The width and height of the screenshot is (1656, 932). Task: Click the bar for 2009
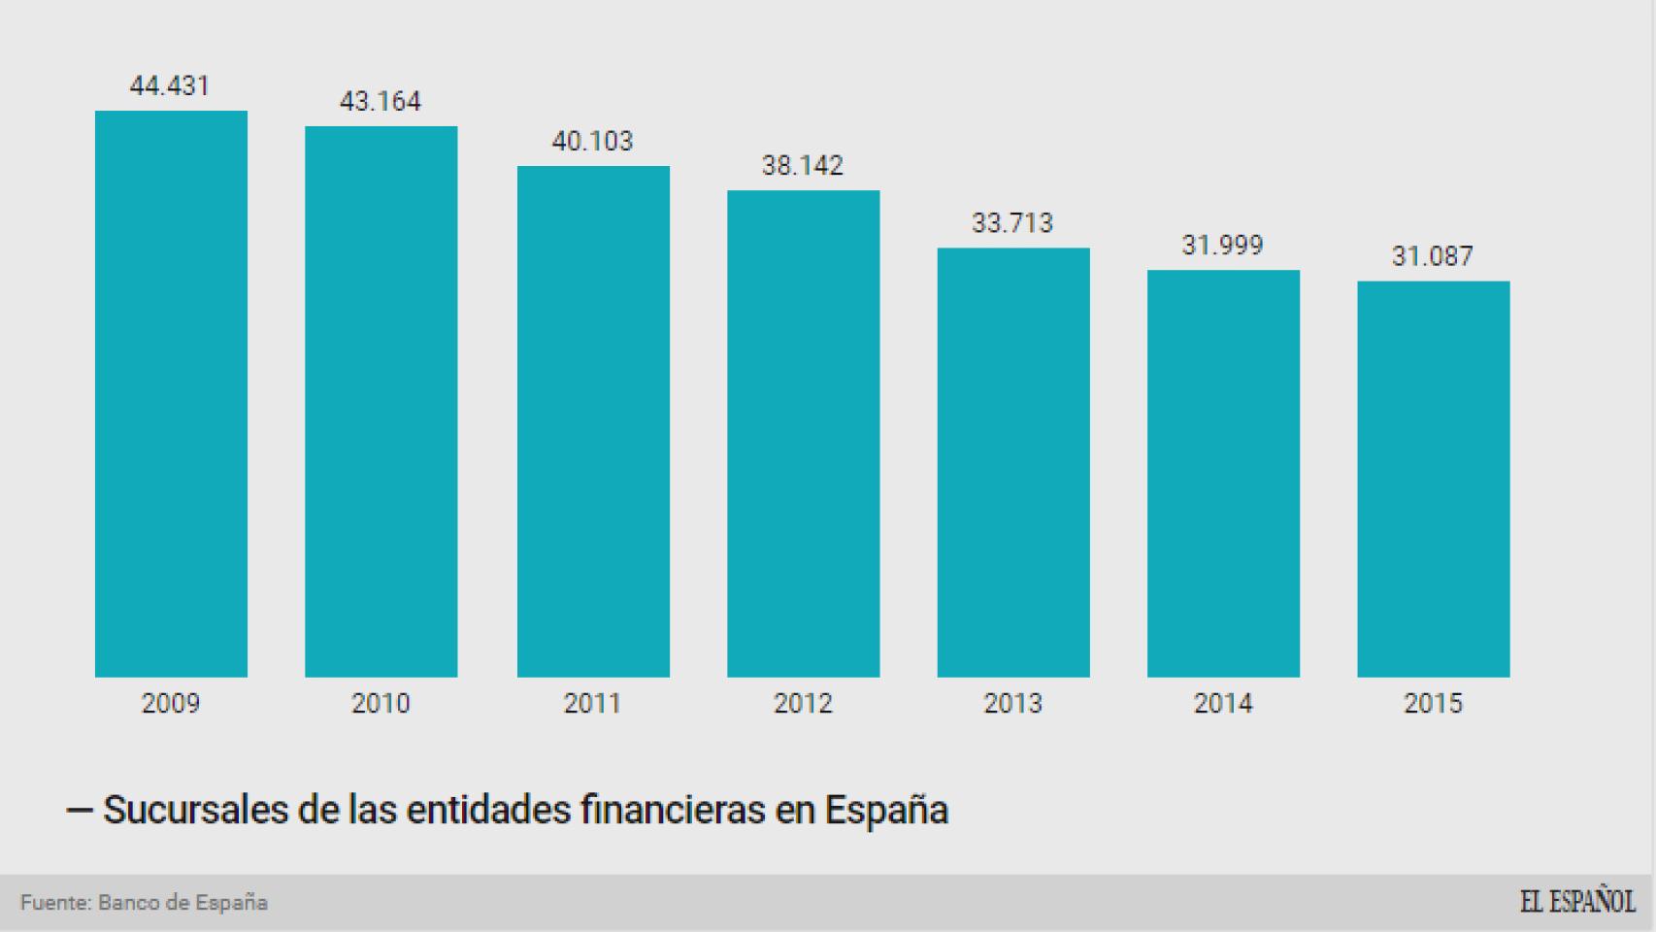coord(171,393)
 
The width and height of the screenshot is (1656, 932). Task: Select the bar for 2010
coord(381,401)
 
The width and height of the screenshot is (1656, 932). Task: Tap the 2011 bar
coord(593,421)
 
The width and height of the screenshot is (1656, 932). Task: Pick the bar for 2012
coord(803,433)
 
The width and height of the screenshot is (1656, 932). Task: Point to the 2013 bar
coord(1012,462)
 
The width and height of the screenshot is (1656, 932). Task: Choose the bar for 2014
coord(1223,473)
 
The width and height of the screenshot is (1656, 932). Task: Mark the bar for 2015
coord(1433,479)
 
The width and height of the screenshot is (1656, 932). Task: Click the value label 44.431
coord(170,86)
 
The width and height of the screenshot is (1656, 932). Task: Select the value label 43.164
coord(380,102)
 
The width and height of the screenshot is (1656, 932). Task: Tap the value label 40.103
coord(592,142)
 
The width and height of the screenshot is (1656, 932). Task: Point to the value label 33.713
coord(1012,223)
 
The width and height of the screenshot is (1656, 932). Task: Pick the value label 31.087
coord(1432,256)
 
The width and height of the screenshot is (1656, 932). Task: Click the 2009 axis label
coord(171,703)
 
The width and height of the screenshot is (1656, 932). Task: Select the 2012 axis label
coord(803,703)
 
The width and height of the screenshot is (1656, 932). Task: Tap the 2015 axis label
coord(1433,703)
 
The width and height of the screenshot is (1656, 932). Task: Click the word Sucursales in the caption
coord(195,810)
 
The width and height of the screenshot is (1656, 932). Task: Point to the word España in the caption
coord(885,810)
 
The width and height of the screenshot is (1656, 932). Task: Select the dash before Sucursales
coord(79,811)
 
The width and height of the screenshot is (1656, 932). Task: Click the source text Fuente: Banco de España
coord(144,903)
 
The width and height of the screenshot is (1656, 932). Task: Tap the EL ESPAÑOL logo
coord(1576,902)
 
